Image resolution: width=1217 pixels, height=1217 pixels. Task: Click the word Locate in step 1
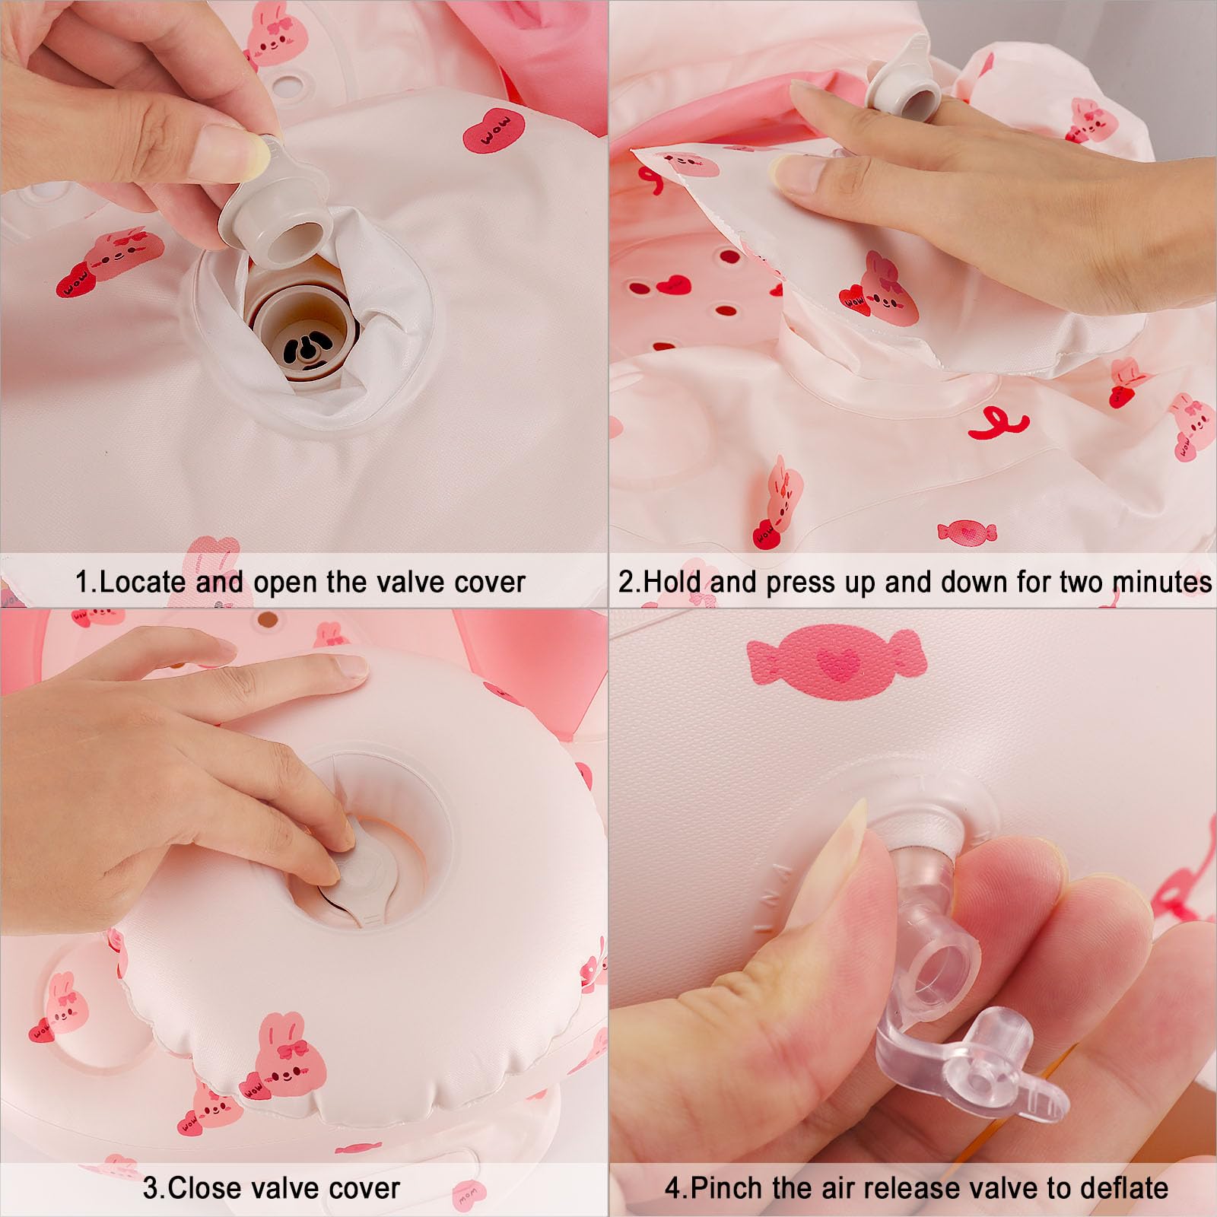pyautogui.click(x=143, y=582)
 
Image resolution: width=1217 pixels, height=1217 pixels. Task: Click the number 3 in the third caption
pyautogui.click(x=150, y=1187)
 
